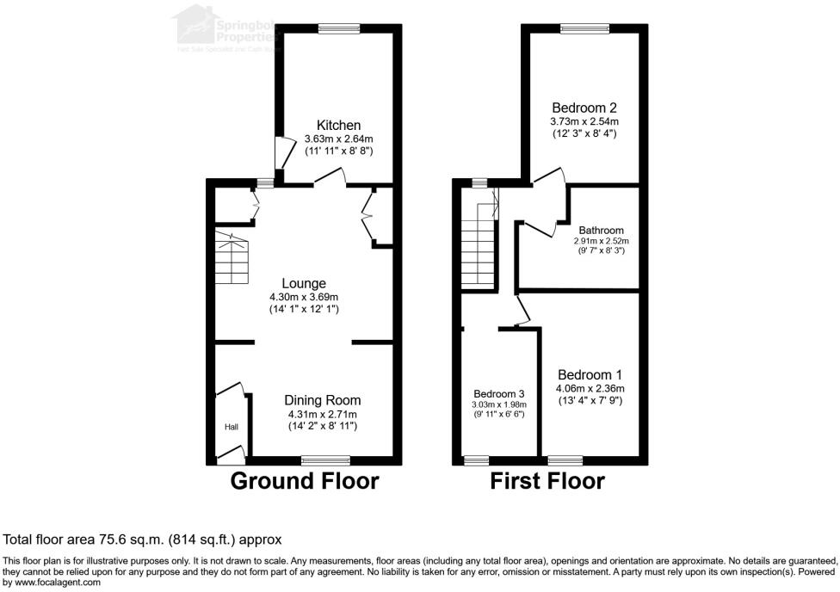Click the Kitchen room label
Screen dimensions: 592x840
click(338, 126)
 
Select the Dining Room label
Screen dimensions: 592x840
click(323, 400)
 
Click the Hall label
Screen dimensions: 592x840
click(232, 427)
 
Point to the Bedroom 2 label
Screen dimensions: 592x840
click(584, 108)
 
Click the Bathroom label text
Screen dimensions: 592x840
click(601, 231)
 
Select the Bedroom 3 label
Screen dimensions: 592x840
click(497, 393)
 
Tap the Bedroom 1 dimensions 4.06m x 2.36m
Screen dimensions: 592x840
click(590, 388)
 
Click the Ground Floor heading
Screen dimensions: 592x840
click(305, 481)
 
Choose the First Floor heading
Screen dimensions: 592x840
click(547, 481)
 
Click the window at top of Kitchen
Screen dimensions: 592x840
click(338, 29)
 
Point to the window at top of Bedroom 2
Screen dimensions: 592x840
click(584, 29)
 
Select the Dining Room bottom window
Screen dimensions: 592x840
click(331, 459)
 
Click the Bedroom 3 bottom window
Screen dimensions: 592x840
click(476, 459)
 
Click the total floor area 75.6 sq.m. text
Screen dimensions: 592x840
click(143, 540)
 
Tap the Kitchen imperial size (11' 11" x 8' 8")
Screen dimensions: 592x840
click(338, 151)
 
